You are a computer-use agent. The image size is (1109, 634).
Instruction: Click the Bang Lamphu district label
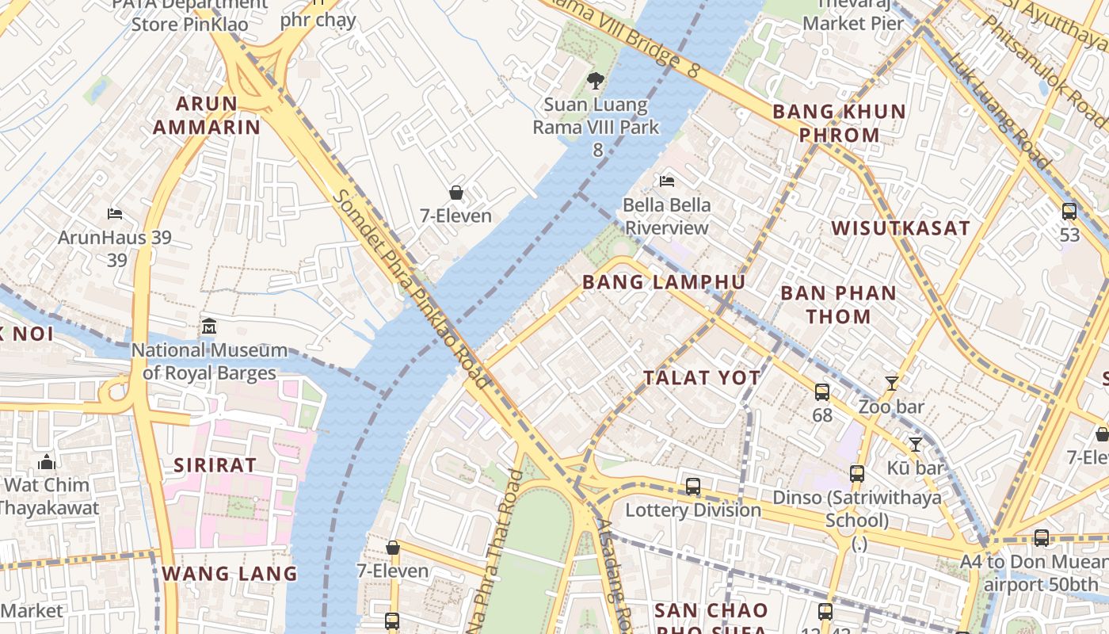click(664, 282)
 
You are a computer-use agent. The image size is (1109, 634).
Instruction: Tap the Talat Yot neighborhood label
click(702, 378)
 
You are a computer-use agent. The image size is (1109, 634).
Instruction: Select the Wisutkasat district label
click(900, 228)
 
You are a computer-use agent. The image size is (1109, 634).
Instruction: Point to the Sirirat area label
click(215, 464)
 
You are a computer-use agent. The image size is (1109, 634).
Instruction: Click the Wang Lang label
click(230, 573)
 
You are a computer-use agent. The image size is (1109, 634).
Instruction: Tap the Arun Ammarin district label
click(206, 115)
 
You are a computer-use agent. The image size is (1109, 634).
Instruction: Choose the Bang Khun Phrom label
click(839, 123)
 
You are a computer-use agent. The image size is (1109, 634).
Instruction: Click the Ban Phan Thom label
click(838, 304)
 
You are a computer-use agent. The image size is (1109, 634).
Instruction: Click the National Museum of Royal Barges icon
click(209, 327)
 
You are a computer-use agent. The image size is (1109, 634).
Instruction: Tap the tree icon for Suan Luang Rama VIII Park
click(595, 80)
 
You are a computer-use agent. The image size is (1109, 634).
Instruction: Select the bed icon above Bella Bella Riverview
click(667, 181)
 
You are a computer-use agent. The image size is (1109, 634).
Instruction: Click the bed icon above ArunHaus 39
click(115, 214)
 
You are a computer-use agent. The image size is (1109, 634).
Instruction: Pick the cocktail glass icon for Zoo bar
click(892, 384)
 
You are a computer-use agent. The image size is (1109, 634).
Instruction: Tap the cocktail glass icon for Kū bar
click(916, 445)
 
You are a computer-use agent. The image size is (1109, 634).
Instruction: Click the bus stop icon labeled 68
click(822, 391)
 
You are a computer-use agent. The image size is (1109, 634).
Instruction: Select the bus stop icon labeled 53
click(1069, 212)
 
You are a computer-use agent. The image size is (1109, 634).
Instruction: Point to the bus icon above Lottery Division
click(693, 487)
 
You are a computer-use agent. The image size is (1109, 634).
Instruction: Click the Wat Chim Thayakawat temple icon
click(47, 461)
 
